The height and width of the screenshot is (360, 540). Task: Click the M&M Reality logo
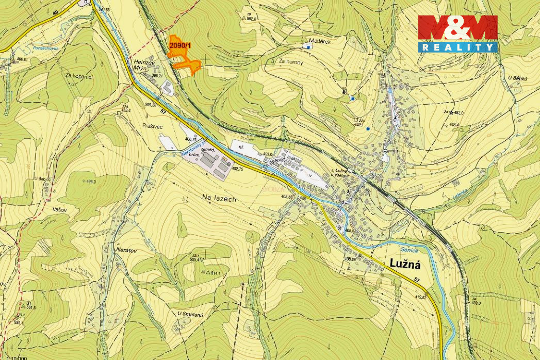457,33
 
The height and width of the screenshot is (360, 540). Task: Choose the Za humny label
290,61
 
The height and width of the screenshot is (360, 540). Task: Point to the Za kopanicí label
79,76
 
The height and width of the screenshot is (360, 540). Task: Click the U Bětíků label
517,78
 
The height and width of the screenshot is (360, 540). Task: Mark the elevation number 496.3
91,182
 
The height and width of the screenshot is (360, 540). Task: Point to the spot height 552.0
252,19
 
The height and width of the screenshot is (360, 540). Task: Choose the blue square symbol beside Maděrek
308,47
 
